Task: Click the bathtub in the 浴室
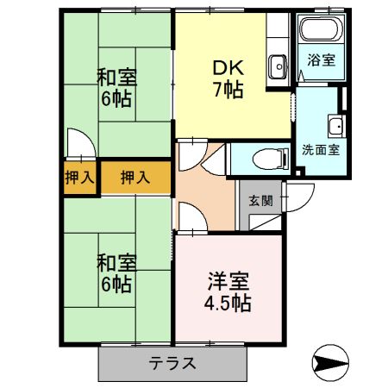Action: point(321,28)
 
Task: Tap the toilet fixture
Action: point(271,159)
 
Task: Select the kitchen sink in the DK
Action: point(278,66)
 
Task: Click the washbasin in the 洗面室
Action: point(336,127)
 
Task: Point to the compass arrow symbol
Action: point(330,363)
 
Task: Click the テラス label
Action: point(172,363)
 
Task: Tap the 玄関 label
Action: point(260,200)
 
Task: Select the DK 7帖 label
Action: point(228,79)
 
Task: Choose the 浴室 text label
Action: point(321,59)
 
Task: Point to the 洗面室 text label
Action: point(321,150)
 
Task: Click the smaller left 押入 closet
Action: point(79,178)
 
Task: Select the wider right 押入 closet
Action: point(135,178)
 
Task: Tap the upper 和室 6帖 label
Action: point(116,87)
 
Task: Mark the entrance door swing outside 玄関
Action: point(299,197)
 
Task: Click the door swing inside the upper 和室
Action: point(81,143)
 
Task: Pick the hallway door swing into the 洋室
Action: point(192,216)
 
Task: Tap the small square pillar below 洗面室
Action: point(299,172)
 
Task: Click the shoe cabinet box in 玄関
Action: point(265,222)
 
